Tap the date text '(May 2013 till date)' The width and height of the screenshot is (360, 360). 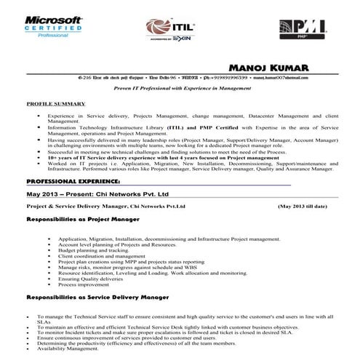coord(303,207)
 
